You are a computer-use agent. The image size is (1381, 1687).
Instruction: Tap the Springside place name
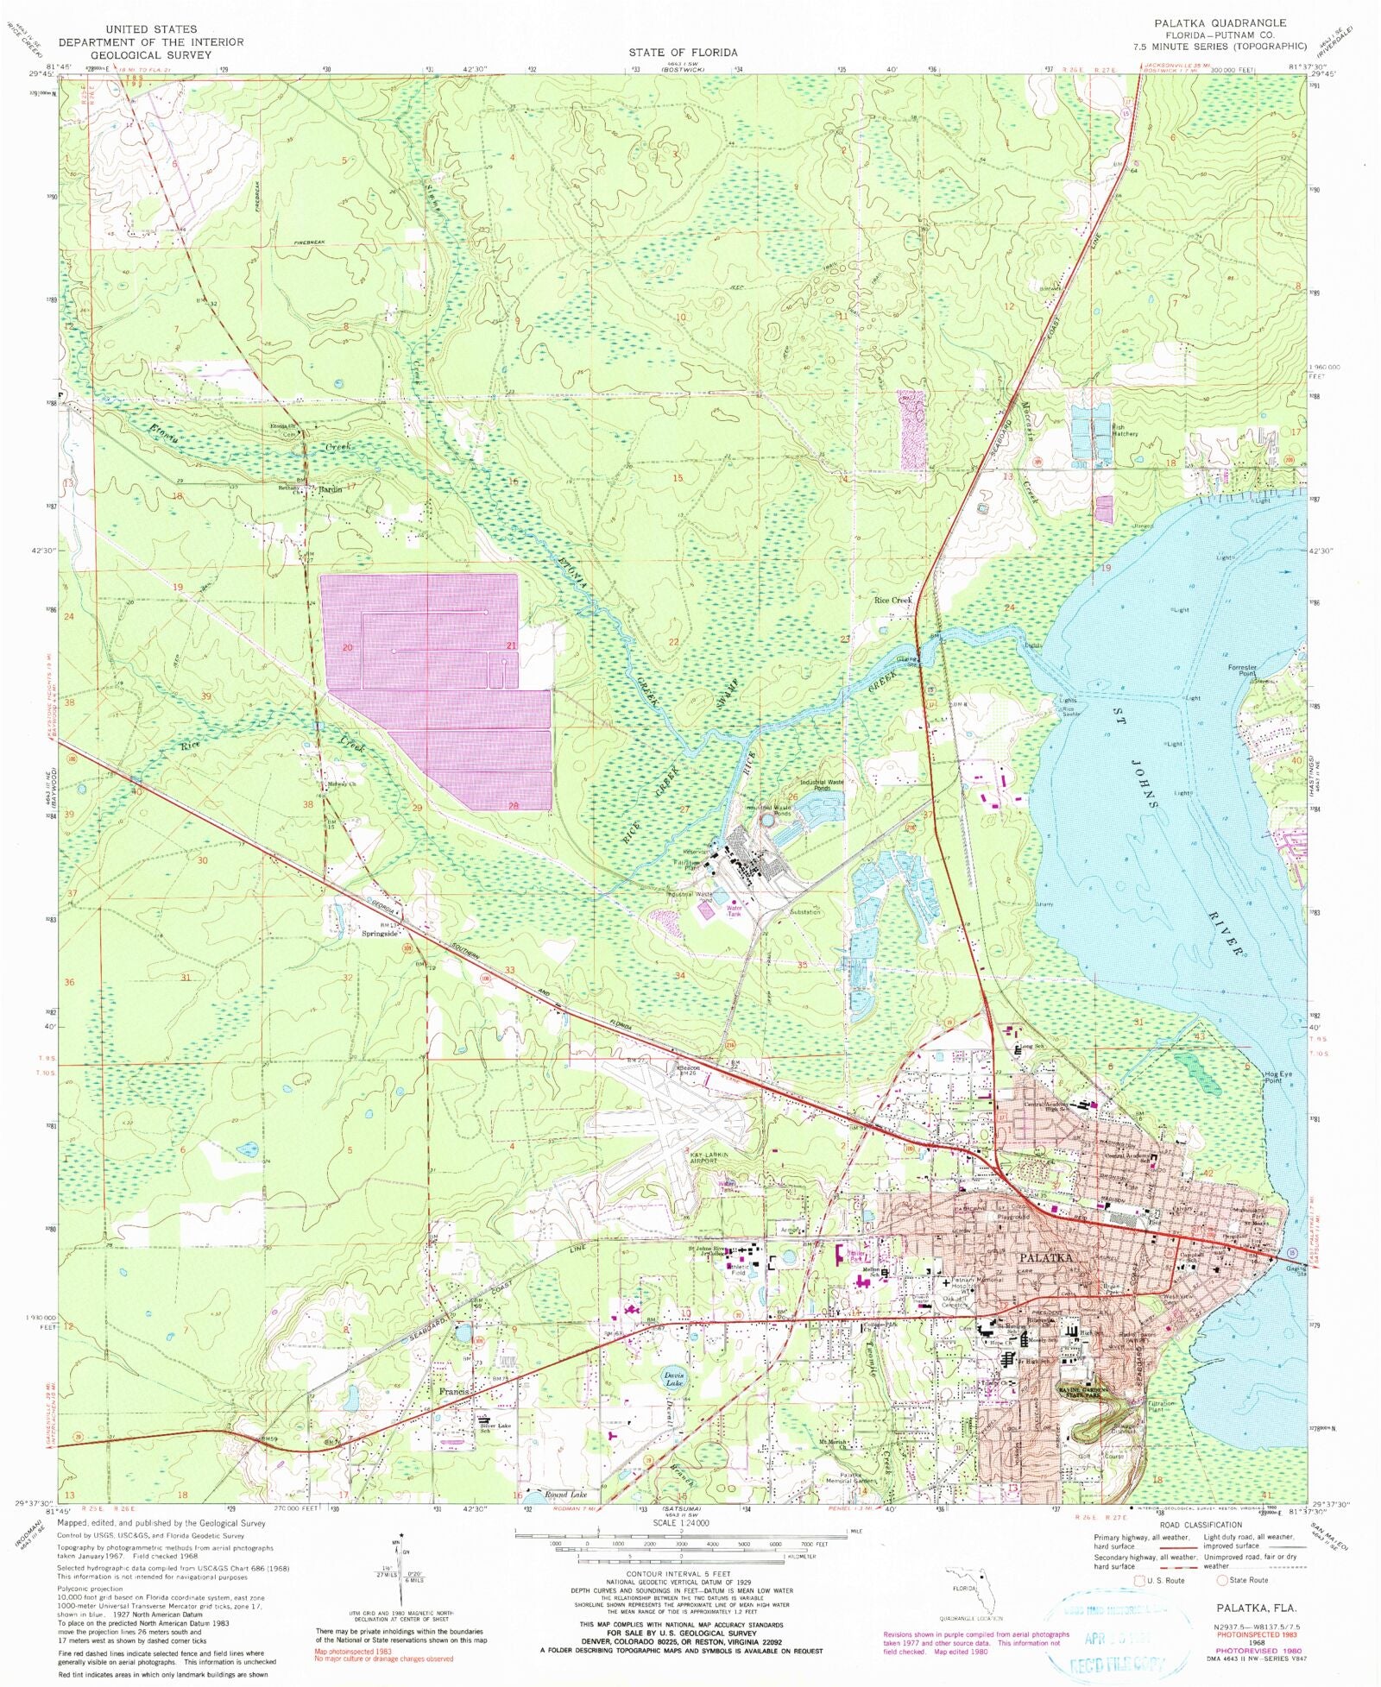380,934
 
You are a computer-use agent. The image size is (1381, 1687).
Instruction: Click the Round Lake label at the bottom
565,1494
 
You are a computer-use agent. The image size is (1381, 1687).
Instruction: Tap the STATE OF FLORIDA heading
683,53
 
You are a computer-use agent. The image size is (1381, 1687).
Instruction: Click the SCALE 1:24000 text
688,1522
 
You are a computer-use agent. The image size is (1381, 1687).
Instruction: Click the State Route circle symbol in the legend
1221,1580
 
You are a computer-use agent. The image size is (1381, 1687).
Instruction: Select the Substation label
804,912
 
